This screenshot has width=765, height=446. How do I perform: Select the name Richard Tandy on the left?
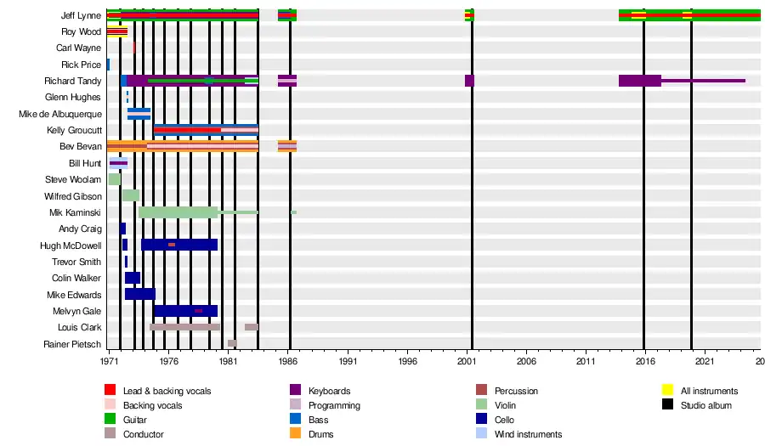(74, 81)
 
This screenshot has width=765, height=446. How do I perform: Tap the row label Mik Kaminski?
(77, 212)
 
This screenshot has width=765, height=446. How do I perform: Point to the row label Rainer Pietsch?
(72, 344)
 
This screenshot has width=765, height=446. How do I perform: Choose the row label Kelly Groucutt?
(75, 130)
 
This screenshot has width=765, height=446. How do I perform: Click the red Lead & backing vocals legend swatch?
(110, 391)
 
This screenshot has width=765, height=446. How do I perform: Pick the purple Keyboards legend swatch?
(295, 391)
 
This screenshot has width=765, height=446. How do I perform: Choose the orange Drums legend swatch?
(295, 434)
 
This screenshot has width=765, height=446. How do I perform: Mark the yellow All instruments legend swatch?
(667, 391)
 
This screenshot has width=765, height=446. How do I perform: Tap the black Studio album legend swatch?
(667, 405)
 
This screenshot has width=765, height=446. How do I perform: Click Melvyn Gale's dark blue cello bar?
(185, 311)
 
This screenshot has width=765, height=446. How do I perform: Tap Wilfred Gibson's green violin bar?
(130, 195)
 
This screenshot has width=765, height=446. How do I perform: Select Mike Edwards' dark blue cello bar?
(139, 294)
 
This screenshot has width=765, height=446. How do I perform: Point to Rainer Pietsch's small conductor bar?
(232, 343)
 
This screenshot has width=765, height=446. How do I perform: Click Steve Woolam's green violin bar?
(114, 179)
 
